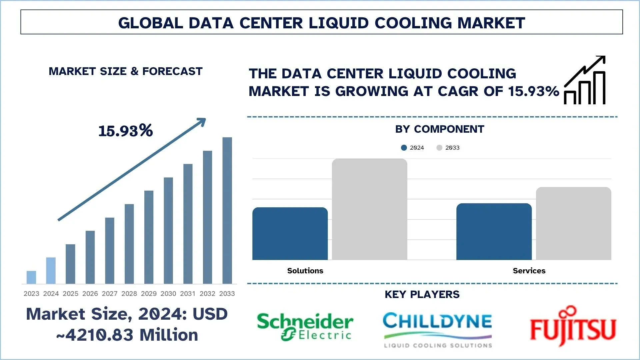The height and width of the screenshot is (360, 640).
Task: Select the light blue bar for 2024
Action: point(51,270)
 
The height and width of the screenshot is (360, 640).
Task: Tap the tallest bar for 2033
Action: point(227,210)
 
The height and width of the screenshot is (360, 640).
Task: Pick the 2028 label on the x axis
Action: point(129,294)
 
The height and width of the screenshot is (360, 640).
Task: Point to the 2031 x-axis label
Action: point(188,294)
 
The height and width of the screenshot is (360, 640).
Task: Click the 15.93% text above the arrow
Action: point(125,131)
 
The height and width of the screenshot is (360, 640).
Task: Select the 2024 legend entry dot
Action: point(404,148)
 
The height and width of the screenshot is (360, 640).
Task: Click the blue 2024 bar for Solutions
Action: point(290,234)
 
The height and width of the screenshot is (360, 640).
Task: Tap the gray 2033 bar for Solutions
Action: point(369,209)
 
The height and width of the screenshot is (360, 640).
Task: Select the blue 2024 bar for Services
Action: point(494,232)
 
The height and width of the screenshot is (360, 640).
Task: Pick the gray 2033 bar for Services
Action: point(573,224)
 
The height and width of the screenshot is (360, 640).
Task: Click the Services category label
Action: point(529,271)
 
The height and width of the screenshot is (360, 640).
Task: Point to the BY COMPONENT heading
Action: point(439,129)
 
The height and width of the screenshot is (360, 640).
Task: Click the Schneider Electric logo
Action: point(305,326)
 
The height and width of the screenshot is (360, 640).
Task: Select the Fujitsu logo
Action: point(573,327)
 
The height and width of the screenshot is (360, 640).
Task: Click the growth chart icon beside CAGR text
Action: point(585,80)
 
